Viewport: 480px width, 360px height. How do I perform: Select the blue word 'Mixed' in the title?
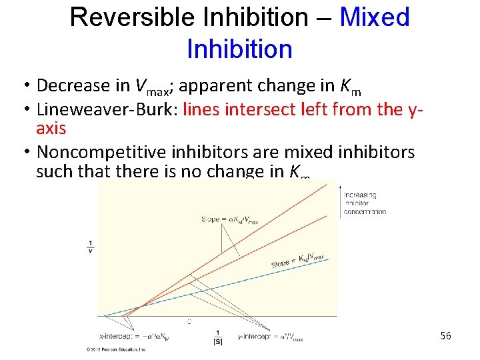374,17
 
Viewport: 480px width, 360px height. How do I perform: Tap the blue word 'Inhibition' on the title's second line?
239,49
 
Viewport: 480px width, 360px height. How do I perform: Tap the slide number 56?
446,336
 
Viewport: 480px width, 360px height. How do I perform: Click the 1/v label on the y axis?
91,245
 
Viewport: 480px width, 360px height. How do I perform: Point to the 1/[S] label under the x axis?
217,337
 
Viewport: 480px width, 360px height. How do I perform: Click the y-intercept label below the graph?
270,338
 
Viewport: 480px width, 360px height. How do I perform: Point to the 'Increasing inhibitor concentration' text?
365,203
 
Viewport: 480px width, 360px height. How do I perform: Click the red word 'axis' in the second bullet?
51,129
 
